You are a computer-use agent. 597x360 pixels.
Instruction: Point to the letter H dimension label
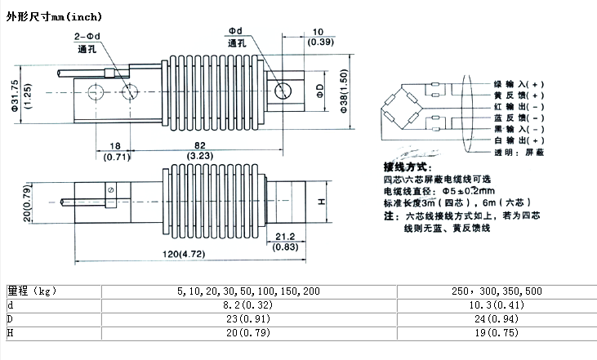322,200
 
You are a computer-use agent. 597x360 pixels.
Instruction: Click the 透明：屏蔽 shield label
515,153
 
